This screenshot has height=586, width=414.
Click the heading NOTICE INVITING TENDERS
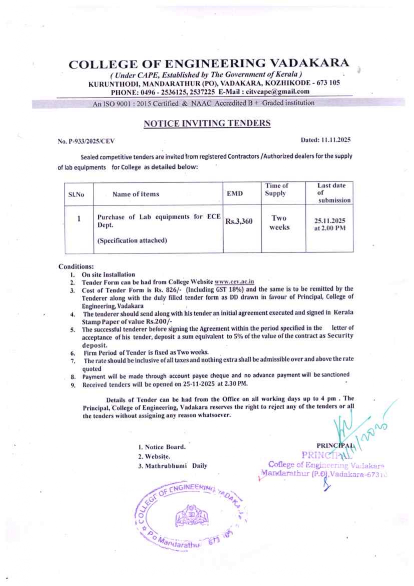pos(207,123)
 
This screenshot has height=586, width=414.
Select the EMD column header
pos(235,194)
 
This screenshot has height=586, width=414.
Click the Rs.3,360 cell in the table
pos(239,221)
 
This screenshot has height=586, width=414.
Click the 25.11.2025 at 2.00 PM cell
pos(330,224)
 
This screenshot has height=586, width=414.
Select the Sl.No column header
pos(76,194)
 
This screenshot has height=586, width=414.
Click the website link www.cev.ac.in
pos(234,282)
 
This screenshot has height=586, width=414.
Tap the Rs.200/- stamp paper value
pos(159,322)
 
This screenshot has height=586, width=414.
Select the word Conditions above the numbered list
pos(76,266)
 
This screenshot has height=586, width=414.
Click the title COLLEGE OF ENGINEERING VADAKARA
pos(209,64)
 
